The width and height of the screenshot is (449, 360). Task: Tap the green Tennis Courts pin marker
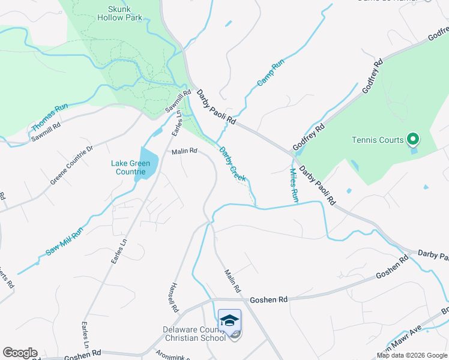pyautogui.click(x=412, y=140)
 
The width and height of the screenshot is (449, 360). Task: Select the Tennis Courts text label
pyautogui.click(x=378, y=140)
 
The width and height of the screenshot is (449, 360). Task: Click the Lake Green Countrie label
pyautogui.click(x=130, y=167)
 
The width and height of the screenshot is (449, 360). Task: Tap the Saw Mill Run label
pyautogui.click(x=64, y=241)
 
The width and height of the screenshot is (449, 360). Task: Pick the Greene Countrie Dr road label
pyautogui.click(x=72, y=164)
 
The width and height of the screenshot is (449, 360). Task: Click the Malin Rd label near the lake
pyautogui.click(x=184, y=152)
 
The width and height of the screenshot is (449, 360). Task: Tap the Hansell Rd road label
pyautogui.click(x=175, y=298)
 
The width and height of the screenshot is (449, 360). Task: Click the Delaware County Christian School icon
pyautogui.click(x=229, y=321)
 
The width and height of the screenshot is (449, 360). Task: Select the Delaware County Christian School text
pyautogui.click(x=194, y=334)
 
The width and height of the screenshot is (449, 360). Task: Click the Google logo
pyautogui.click(x=20, y=353)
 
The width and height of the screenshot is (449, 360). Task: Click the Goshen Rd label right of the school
pyautogui.click(x=268, y=299)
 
